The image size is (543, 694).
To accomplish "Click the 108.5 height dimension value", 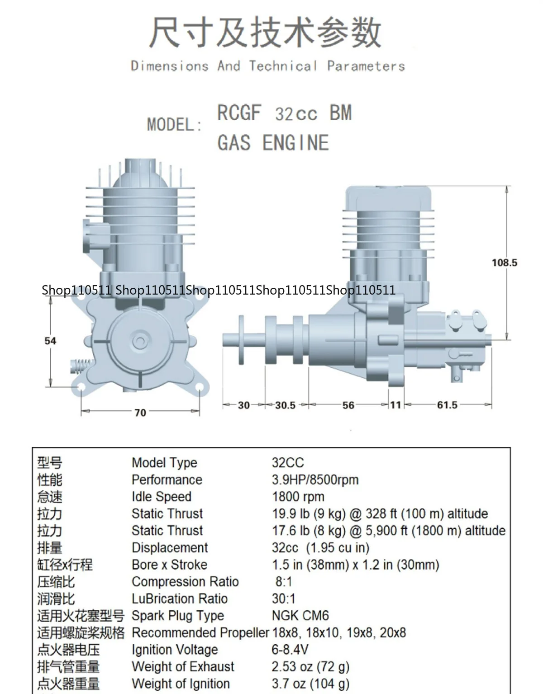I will (x=504, y=263).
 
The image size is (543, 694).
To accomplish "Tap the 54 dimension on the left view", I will (x=50, y=341).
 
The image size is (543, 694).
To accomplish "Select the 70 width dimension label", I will (x=140, y=412).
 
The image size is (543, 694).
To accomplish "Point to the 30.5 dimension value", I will (x=285, y=405).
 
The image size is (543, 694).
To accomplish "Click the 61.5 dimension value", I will (x=447, y=405).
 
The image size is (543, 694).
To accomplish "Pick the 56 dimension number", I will (x=348, y=405).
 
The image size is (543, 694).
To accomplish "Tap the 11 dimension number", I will (x=396, y=405).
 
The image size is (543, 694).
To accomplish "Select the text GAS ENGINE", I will (x=273, y=143).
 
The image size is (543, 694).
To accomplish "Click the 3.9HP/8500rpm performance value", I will (x=315, y=479).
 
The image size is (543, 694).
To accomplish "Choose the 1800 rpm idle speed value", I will (x=298, y=497).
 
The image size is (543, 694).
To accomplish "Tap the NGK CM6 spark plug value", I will (x=300, y=615).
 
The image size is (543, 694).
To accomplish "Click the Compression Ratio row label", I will (x=185, y=581).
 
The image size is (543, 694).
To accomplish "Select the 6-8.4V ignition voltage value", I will (x=290, y=649).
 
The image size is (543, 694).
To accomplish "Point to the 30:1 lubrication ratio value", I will (x=284, y=599).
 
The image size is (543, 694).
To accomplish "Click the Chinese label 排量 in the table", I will (x=50, y=548).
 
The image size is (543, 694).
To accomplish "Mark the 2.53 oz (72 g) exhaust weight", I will (x=310, y=666).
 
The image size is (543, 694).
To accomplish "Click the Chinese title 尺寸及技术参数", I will (x=266, y=33).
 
